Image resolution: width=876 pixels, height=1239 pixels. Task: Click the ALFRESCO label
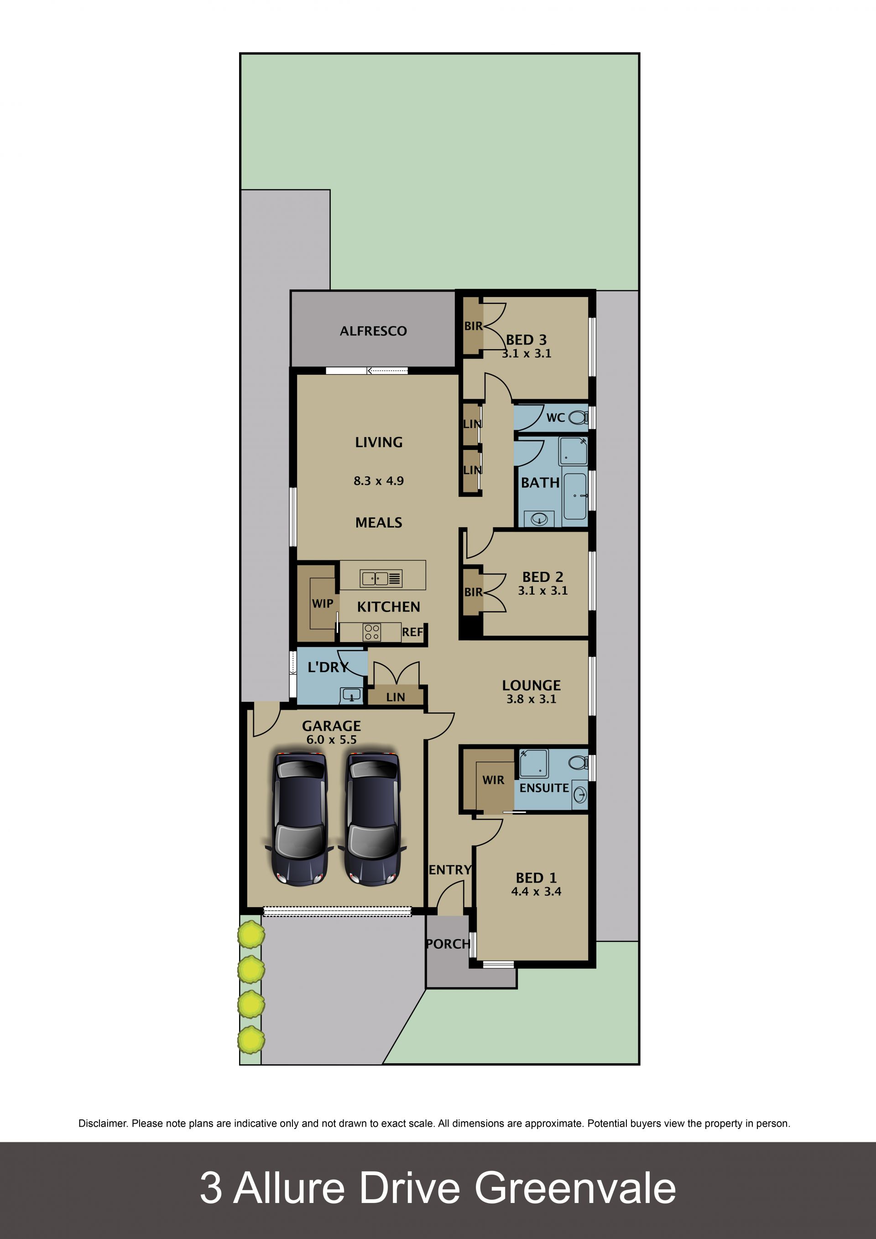[x=373, y=331]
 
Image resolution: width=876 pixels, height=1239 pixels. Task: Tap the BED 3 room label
[x=527, y=340]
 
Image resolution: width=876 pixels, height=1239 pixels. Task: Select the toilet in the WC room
[x=578, y=417]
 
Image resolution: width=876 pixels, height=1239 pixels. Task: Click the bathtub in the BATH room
[x=575, y=496]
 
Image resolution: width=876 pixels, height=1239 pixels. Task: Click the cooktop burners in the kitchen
[x=372, y=632]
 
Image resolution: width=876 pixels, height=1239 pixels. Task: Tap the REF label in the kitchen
[x=412, y=632]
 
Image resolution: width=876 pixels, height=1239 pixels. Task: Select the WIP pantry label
[x=323, y=604]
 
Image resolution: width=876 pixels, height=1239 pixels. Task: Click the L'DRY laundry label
[x=328, y=668]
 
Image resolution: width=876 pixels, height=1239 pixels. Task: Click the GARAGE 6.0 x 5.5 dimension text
[x=331, y=740]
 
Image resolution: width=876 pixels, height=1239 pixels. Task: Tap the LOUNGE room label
[x=532, y=685]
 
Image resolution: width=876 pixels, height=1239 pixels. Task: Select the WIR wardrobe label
[x=493, y=780]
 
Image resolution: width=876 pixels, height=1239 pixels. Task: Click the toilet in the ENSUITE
[x=578, y=762]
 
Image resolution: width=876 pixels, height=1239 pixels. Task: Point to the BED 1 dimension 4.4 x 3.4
[x=536, y=891]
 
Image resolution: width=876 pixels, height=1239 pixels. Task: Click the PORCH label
[x=448, y=944]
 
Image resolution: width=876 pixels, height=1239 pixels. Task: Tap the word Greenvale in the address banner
[x=575, y=1188]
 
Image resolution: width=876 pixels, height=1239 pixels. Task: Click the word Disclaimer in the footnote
[x=103, y=1124]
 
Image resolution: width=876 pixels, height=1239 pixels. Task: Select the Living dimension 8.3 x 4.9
[x=379, y=481]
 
